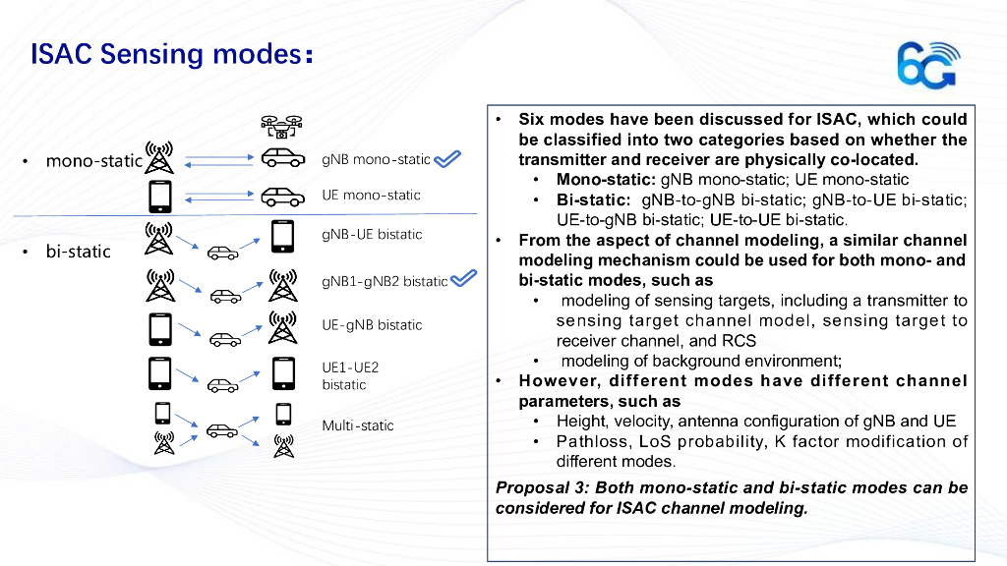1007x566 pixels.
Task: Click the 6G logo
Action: point(926,66)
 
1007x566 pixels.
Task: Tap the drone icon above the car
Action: point(281,125)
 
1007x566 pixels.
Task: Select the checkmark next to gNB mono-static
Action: point(447,159)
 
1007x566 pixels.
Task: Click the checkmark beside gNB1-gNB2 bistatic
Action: point(463,280)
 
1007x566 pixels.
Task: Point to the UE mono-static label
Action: point(371,195)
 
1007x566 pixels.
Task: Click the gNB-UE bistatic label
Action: point(372,235)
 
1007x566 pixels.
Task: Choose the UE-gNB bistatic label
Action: point(372,325)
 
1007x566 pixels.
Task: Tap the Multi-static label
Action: point(358,425)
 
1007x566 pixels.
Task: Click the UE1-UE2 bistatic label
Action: point(350,375)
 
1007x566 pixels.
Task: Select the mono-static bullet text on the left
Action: point(93,160)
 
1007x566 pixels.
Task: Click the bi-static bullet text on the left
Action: point(78,252)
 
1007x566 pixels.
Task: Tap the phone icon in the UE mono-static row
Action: point(160,196)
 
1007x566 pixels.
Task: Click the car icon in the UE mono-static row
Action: point(281,195)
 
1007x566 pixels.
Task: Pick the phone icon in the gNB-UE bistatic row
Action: point(282,237)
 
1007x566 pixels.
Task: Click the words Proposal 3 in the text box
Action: point(535,488)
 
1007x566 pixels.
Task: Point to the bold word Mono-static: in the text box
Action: point(606,180)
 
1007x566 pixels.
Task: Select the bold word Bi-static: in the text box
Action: point(594,200)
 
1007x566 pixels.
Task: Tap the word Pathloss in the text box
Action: point(590,441)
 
